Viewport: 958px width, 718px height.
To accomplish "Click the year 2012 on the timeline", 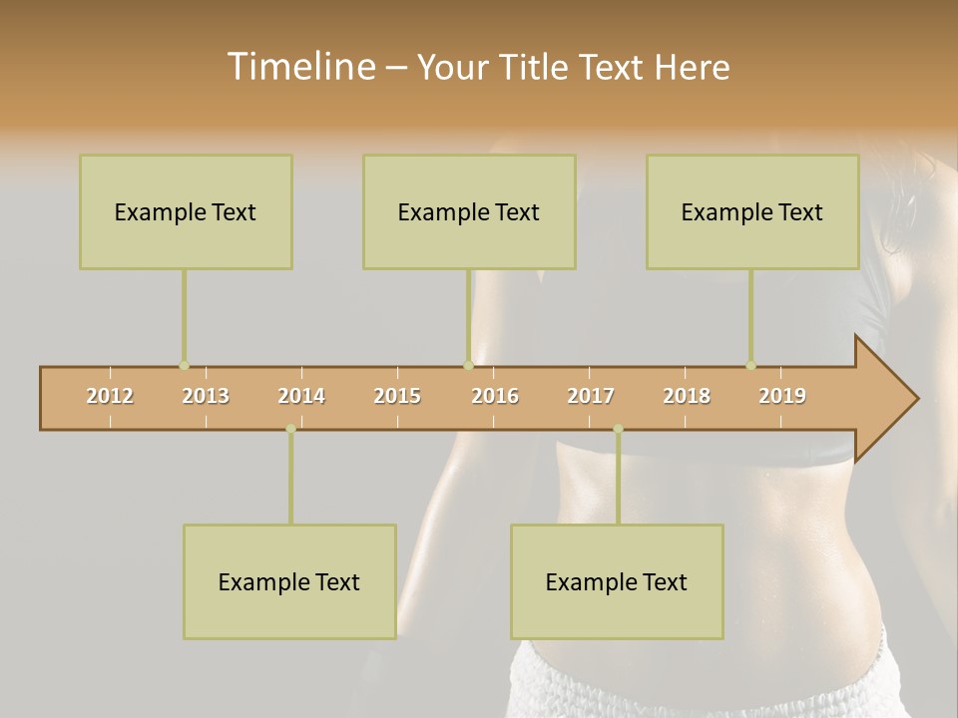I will pos(110,396).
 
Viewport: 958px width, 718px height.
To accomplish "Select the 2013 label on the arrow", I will pos(206,396).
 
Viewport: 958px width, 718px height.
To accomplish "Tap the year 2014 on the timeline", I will pos(301,396).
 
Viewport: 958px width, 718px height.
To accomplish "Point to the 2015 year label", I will pos(397,396).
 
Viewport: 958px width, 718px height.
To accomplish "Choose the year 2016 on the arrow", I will pos(495,396).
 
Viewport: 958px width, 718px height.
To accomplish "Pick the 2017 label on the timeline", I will pos(591,396).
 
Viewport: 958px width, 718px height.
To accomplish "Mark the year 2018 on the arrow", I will pos(687,396).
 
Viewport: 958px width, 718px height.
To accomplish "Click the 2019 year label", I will pos(782,396).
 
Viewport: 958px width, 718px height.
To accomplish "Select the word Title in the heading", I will pos(536,67).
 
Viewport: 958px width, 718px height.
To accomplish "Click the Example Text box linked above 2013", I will pos(186,211).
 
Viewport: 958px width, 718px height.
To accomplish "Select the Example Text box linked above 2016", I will pos(469,211).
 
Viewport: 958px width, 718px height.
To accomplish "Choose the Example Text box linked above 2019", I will pos(752,211).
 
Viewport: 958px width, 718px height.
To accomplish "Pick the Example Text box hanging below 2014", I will pos(289,581).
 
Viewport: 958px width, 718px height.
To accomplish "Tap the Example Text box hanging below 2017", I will pos(617,581).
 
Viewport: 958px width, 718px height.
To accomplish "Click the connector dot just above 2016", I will pos(468,366).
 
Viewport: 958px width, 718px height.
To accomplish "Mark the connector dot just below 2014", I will pos(290,429).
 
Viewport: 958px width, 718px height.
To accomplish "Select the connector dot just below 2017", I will pos(618,429).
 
